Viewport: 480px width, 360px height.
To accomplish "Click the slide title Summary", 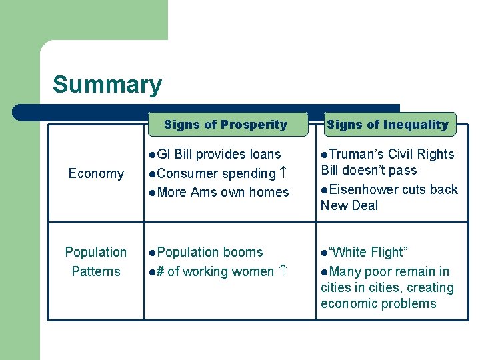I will point(107,85).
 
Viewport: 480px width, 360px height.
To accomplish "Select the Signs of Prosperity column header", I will point(225,125).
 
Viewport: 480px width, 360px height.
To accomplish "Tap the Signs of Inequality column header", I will point(387,125).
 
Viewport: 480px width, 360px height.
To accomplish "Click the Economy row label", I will point(96,173).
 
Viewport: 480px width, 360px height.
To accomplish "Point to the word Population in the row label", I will point(96,252).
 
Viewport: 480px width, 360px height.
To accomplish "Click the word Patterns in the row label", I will point(96,271).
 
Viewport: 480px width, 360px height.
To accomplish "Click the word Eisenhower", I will point(364,189).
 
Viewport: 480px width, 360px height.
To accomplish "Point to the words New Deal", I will point(349,205).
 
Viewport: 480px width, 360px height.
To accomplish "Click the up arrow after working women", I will point(283,271).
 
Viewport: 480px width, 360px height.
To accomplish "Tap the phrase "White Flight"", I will point(369,252).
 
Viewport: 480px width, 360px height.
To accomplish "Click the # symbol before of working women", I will point(159,271).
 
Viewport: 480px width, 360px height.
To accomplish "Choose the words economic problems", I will point(378,303).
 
